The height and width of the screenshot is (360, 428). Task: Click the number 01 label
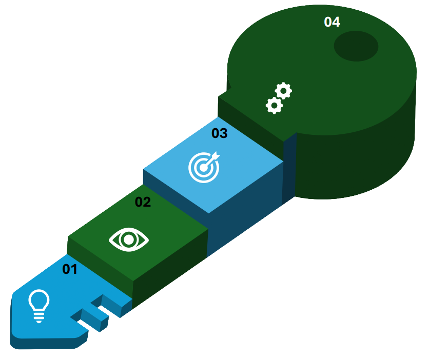pos(70,269)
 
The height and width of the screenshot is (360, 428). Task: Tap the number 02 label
pos(143,202)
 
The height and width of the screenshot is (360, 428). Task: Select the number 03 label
pos(219,133)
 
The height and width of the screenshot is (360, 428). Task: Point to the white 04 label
pos(332,22)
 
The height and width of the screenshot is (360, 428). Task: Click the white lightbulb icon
pos(39,306)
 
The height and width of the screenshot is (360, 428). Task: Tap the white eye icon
pos(129,239)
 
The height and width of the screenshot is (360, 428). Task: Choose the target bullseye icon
pos(203,167)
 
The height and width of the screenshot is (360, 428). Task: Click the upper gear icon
pos(283,91)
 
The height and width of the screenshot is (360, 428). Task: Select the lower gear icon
pos(274,106)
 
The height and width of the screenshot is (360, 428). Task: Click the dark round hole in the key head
pos(356,46)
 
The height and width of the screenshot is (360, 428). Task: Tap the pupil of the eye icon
pos(129,239)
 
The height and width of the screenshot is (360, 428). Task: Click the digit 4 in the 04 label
pos(336,22)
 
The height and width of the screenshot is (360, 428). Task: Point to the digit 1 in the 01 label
pos(73,269)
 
